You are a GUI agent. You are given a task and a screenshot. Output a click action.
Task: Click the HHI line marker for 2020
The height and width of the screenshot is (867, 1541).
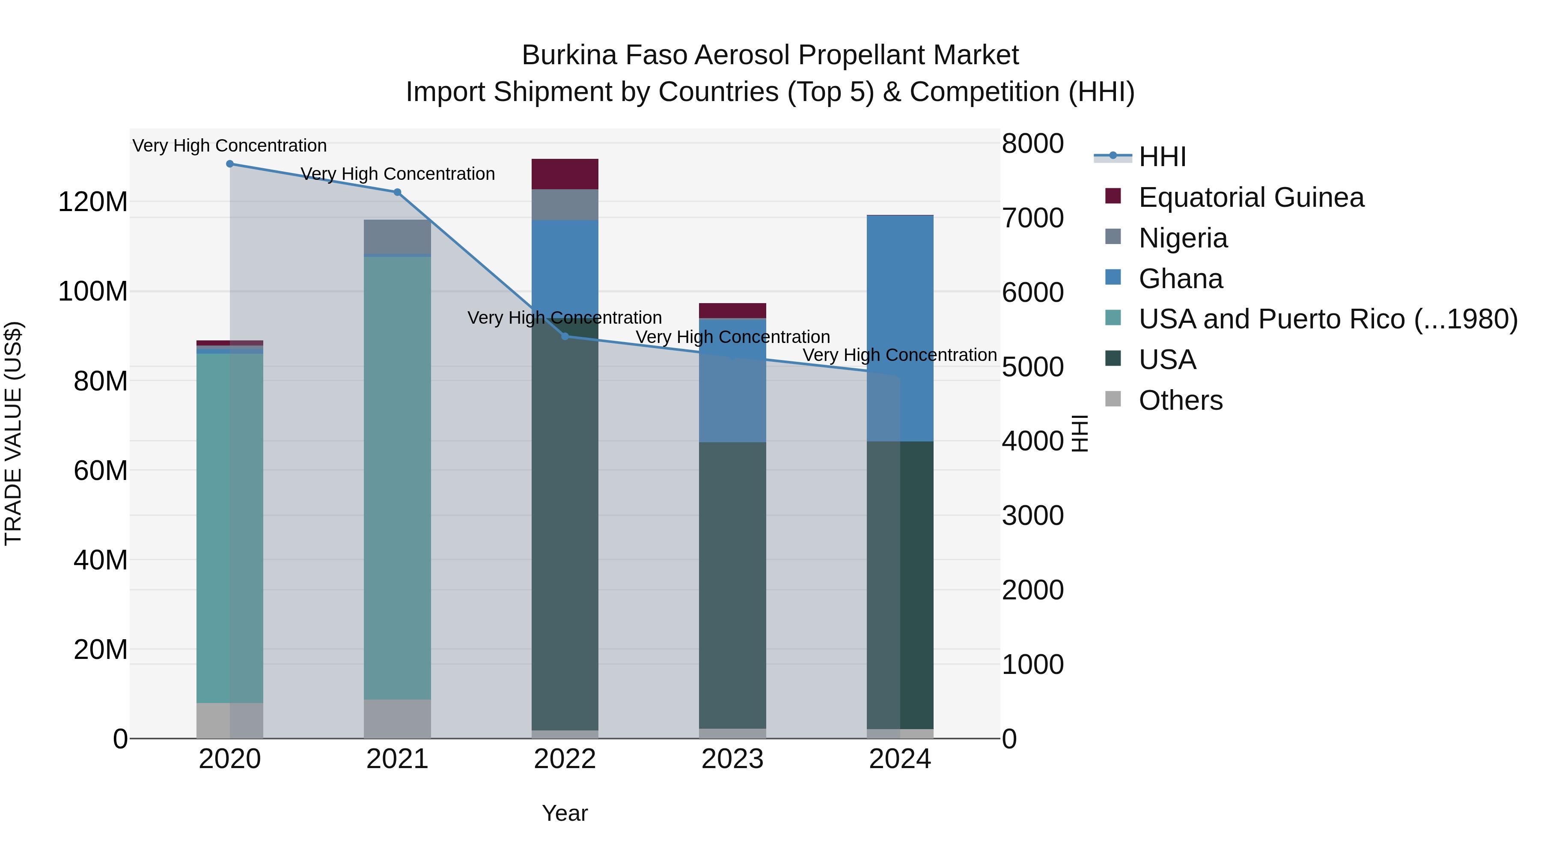click(230, 164)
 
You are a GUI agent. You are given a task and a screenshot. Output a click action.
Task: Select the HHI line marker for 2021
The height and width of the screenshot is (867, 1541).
click(397, 193)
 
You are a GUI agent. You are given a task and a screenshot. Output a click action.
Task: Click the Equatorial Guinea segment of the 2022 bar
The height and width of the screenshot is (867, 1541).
click(565, 174)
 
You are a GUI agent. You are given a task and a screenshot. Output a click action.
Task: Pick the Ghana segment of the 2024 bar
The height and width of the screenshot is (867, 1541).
click(900, 328)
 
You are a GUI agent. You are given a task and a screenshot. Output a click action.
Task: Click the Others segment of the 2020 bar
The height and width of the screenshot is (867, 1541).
click(230, 721)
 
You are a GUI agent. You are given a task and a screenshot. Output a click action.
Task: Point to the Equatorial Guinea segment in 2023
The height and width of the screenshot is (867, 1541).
click(732, 310)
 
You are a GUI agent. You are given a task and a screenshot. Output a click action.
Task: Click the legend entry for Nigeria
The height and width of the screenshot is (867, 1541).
click(1183, 238)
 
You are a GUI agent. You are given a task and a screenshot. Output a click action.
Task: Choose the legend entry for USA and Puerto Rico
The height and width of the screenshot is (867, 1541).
click(1327, 319)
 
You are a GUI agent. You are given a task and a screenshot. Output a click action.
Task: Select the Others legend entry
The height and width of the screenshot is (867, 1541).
click(1180, 400)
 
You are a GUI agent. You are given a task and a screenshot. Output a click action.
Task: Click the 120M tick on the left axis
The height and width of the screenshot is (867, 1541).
click(93, 202)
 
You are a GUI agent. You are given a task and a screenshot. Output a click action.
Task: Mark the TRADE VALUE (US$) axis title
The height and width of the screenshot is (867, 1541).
click(13, 433)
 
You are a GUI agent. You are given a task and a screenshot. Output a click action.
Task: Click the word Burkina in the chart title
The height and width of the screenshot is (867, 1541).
click(569, 55)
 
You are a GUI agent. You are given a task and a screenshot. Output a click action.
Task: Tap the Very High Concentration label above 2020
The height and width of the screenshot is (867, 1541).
click(230, 146)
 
